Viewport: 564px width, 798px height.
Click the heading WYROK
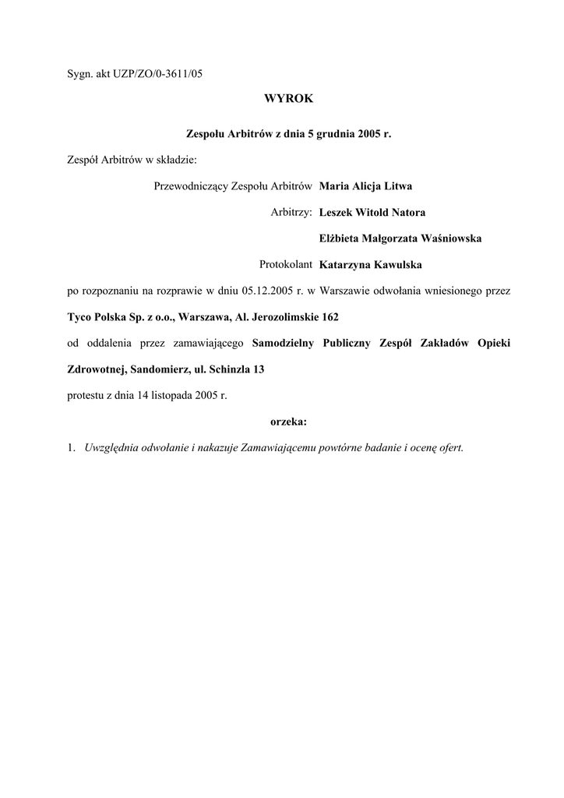(x=288, y=99)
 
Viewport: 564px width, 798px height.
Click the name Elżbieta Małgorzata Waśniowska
(x=400, y=238)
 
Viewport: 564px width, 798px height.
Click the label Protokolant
(x=286, y=265)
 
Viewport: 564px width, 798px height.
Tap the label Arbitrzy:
(x=291, y=212)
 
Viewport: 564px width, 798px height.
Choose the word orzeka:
(x=288, y=422)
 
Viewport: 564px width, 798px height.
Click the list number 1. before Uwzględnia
(x=71, y=448)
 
